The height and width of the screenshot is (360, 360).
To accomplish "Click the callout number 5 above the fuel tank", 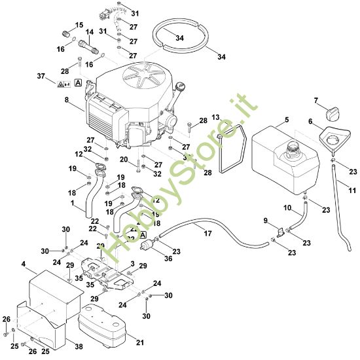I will point(285,120).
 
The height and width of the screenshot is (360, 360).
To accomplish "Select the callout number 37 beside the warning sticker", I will point(42,77).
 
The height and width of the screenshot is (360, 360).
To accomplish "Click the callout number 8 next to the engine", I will point(65,100).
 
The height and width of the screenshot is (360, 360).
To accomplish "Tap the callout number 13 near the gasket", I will point(216,117).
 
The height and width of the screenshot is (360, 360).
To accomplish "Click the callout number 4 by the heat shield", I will point(24,264).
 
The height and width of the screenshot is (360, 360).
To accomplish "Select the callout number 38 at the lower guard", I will point(79,346).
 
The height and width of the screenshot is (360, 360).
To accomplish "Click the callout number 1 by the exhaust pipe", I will point(72,204).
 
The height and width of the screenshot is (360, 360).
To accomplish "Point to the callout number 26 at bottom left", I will point(6,319).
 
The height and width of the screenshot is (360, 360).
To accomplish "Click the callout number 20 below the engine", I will point(124,159).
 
